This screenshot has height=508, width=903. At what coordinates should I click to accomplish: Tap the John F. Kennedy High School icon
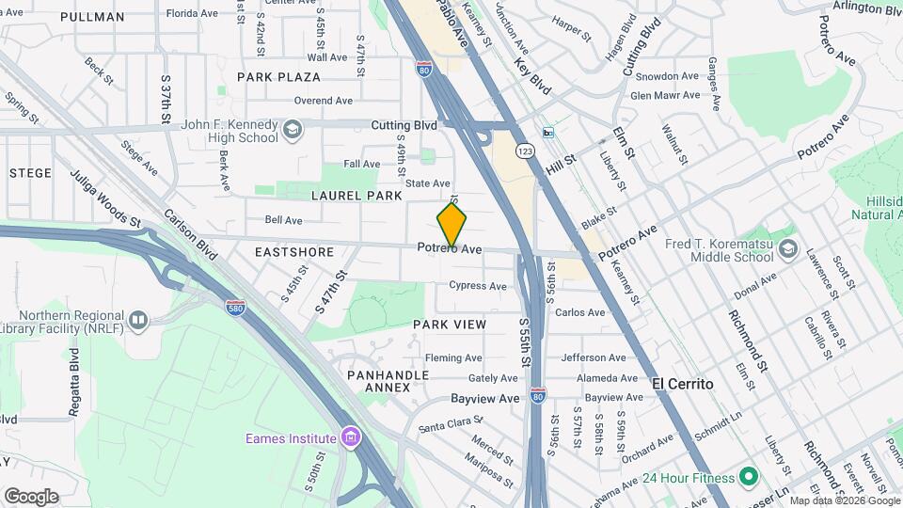click(293, 131)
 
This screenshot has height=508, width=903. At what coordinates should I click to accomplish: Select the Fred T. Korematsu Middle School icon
click(787, 250)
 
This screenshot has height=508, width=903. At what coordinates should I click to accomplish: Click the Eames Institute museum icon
click(351, 437)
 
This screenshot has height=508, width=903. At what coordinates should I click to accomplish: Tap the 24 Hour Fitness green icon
click(749, 477)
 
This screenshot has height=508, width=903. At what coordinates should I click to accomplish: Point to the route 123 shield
click(525, 151)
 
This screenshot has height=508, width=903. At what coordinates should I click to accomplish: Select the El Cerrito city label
click(682, 384)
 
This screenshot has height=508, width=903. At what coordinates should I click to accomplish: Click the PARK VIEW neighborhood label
click(450, 324)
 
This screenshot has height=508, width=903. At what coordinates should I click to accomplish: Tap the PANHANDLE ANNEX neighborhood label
click(388, 381)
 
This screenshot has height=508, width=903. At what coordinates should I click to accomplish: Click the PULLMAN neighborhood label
click(91, 17)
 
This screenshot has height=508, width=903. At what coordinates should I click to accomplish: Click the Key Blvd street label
click(531, 73)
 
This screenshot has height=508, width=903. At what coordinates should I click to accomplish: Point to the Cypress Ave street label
click(477, 285)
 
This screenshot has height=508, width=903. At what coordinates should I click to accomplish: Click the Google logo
click(31, 496)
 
